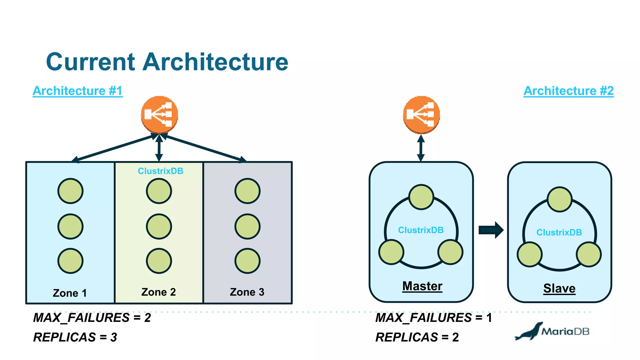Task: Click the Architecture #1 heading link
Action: click(x=77, y=91)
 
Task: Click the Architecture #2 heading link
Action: click(x=568, y=91)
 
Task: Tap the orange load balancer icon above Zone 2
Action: click(x=159, y=114)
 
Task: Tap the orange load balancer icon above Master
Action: click(x=421, y=114)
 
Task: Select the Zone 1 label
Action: click(x=70, y=293)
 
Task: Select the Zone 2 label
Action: click(x=158, y=292)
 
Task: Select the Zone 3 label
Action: click(x=247, y=292)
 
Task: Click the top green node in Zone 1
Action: click(x=70, y=191)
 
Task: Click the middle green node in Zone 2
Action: click(x=159, y=226)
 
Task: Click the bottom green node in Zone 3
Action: click(x=247, y=261)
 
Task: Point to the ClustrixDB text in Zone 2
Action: click(x=161, y=171)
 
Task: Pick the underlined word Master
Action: click(x=422, y=286)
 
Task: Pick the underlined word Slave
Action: click(x=559, y=288)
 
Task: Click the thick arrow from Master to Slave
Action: click(x=491, y=230)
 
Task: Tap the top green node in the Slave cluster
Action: click(x=560, y=199)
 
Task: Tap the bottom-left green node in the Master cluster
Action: click(x=391, y=252)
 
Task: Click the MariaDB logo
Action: click(x=552, y=331)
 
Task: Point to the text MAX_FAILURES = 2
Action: click(x=92, y=318)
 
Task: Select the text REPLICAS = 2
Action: click(x=417, y=337)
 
